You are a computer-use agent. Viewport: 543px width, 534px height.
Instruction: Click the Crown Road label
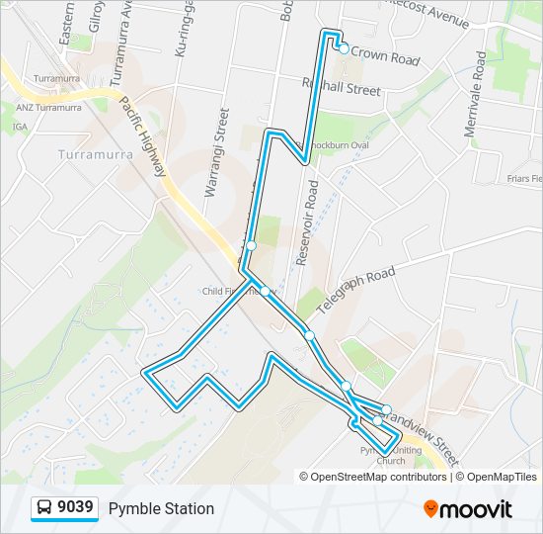(x=385, y=58)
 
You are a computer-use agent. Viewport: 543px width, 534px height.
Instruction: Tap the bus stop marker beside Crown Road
(x=343, y=46)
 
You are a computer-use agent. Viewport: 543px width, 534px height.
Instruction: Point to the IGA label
(x=20, y=127)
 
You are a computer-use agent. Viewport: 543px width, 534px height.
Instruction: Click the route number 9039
(x=76, y=508)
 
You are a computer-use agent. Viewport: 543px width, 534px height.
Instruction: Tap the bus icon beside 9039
(x=44, y=508)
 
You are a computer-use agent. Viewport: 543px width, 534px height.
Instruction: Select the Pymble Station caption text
(x=161, y=508)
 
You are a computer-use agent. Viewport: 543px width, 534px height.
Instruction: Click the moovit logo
(x=468, y=509)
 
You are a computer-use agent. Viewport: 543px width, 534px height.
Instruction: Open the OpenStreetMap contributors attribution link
(x=378, y=477)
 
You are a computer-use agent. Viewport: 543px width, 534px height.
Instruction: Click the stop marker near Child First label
(x=266, y=291)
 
